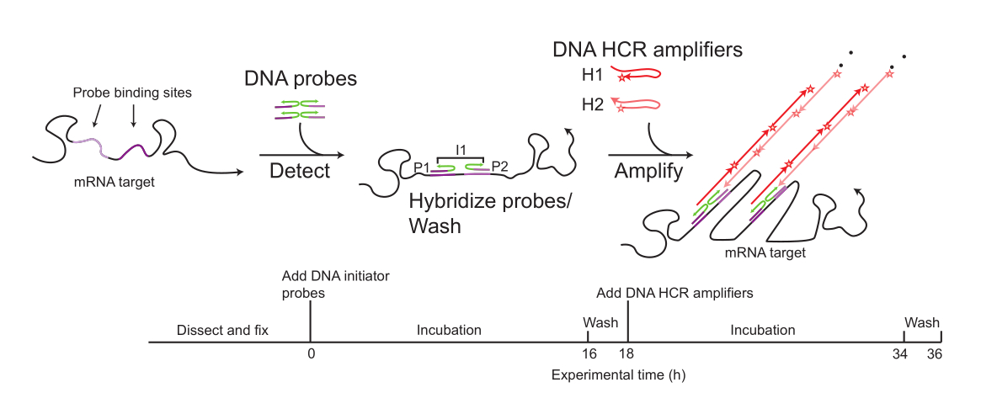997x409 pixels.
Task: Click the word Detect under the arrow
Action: [300, 171]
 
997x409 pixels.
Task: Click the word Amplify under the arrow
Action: [648, 173]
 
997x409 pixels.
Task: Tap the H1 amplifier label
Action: [593, 75]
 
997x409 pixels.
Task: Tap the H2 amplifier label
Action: [593, 104]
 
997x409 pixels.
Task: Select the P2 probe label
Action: [500, 167]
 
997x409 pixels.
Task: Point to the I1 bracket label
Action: [461, 150]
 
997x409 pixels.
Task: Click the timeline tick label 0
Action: [310, 353]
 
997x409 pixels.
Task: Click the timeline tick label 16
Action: [589, 353]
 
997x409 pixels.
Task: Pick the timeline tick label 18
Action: [628, 353]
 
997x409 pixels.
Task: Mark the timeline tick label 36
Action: [934, 353]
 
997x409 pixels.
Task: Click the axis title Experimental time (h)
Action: [618, 375]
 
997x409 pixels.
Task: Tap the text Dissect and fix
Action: [222, 330]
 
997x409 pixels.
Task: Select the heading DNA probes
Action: [300, 79]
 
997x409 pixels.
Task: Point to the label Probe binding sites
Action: [132, 93]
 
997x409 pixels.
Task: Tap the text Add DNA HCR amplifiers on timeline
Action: [674, 294]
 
